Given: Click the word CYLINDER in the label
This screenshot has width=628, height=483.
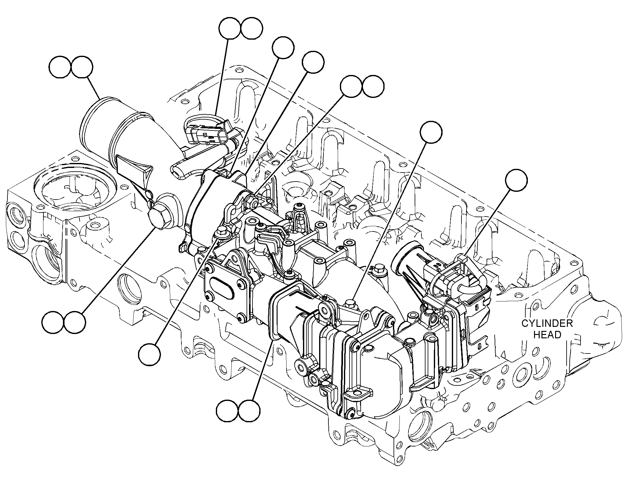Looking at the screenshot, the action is pyautogui.click(x=547, y=323).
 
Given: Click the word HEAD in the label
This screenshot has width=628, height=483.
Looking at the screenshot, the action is pyautogui.click(x=547, y=335).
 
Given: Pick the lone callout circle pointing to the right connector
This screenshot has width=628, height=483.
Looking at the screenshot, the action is pyautogui.click(x=516, y=180).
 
